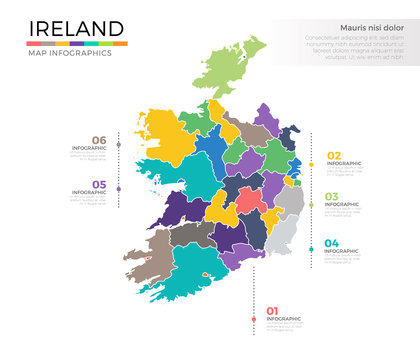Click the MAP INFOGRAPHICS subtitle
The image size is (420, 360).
[x=69, y=53]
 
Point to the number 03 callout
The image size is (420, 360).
[x=333, y=197]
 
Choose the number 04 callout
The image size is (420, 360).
[x=333, y=243]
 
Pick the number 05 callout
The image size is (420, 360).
[x=98, y=184]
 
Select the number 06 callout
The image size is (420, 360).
[x=98, y=140]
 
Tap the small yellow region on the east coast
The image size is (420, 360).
[x=289, y=181]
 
